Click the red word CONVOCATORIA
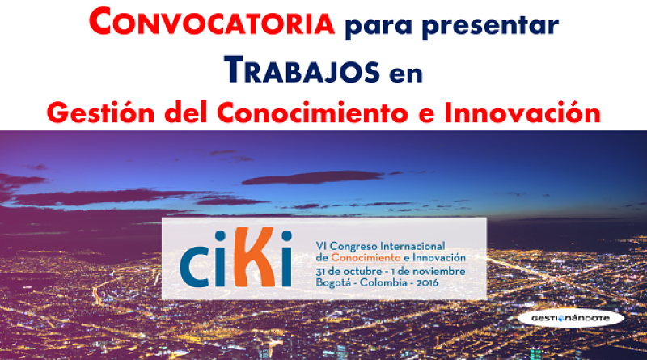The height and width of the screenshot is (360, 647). [212, 22]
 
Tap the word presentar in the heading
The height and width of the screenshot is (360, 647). [491, 26]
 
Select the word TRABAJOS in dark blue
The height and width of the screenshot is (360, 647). [302, 70]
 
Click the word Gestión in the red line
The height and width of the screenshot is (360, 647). [100, 112]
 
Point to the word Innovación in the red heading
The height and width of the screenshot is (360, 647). [522, 112]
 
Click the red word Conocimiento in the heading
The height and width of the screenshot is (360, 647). [312, 112]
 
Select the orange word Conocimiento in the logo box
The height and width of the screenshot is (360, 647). [366, 257]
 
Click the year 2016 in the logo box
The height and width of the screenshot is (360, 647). [427, 283]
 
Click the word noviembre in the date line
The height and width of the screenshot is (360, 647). [439, 272]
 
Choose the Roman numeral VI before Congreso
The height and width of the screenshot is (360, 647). [321, 246]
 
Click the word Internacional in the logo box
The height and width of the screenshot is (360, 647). [412, 246]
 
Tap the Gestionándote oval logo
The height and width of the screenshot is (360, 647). [571, 318]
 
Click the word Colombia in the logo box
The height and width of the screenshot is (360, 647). [383, 283]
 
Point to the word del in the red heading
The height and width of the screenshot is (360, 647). [186, 112]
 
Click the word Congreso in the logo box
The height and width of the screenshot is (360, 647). [353, 247]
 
